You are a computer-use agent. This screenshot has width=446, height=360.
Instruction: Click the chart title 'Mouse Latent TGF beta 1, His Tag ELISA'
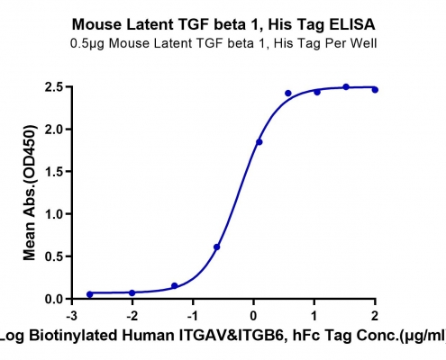click(223, 24)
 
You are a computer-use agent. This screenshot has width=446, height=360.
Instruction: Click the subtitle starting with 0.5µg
click(223, 43)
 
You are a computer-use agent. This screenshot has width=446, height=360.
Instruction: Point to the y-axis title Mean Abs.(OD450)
click(30, 193)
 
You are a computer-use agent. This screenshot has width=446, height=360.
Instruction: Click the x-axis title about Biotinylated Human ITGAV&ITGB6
click(223, 336)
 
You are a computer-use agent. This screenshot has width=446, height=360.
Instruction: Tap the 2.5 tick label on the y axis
click(54, 87)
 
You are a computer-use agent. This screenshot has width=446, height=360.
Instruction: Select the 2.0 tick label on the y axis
click(54, 130)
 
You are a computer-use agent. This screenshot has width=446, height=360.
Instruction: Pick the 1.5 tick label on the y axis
click(54, 172)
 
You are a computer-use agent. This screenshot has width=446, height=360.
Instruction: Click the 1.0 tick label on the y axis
click(54, 214)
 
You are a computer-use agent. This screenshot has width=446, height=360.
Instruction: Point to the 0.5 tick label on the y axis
click(54, 256)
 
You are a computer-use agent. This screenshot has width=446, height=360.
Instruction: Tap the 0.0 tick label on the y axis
click(54, 299)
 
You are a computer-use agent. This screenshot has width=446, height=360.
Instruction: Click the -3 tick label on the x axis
click(72, 316)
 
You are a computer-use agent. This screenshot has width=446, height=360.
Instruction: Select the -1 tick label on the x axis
click(194, 316)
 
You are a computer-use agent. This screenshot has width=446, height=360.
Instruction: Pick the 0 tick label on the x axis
click(254, 316)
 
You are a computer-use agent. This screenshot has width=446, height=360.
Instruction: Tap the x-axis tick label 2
click(375, 316)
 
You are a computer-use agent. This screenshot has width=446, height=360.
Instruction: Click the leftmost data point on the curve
click(90, 294)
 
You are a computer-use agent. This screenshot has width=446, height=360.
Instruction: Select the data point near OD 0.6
click(217, 247)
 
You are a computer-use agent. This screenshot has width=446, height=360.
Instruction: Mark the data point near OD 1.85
click(259, 142)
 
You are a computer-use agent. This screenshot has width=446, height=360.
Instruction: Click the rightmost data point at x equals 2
click(375, 90)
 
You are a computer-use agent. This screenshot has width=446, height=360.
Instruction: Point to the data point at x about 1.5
click(346, 87)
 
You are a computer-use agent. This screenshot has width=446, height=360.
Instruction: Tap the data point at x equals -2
click(132, 292)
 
